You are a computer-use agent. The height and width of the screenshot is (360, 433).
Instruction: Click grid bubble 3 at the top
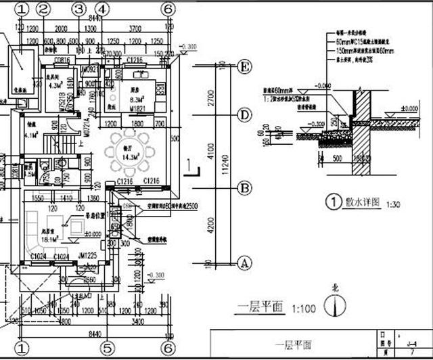coord(79,9)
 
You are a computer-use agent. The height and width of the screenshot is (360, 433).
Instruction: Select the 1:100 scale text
coord(304,309)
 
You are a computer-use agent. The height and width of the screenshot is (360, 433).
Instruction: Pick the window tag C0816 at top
coord(62,61)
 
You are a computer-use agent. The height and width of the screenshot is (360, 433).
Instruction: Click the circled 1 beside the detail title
coord(332,202)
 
